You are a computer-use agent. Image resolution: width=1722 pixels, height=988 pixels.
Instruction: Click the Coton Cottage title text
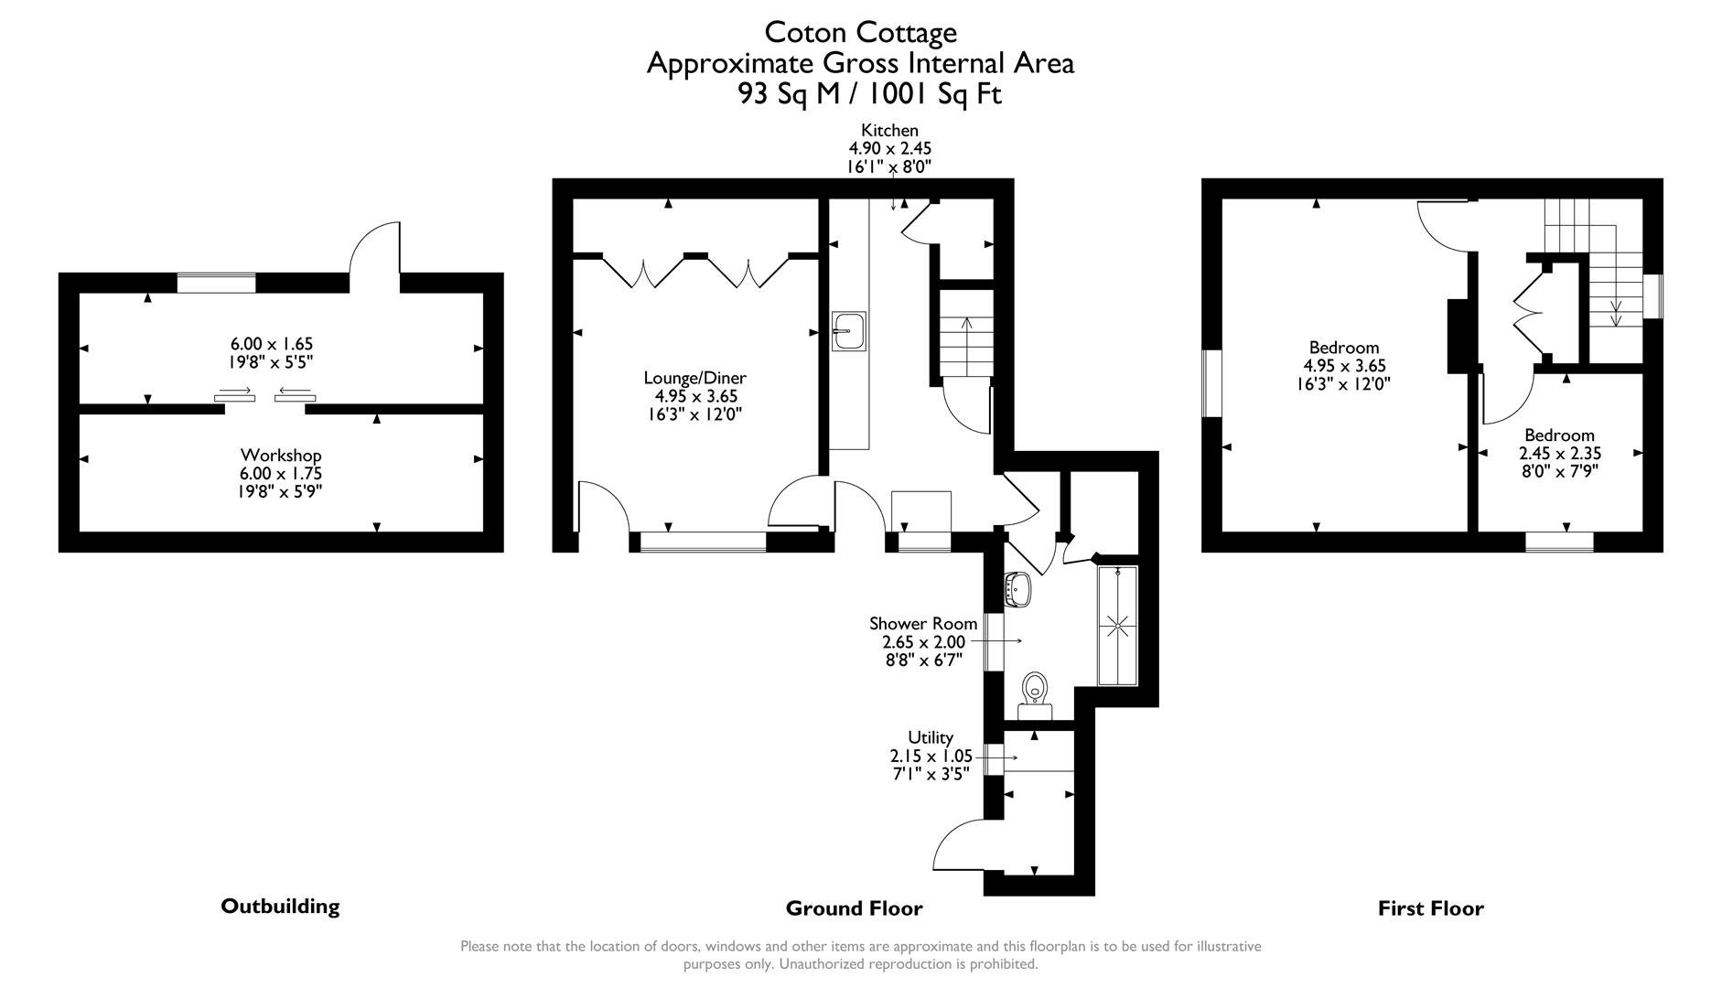click(860, 32)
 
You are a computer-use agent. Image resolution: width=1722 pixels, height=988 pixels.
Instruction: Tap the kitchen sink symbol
click(848, 330)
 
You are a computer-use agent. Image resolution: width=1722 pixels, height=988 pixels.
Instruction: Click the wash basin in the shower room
click(1018, 589)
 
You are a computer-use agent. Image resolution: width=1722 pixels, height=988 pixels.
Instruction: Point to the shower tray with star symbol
click(1117, 626)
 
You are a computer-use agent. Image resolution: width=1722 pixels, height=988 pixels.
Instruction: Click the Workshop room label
click(281, 455)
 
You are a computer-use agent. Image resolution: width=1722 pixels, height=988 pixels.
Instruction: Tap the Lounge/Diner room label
click(694, 378)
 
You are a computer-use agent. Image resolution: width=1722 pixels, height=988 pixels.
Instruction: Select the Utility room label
click(930, 737)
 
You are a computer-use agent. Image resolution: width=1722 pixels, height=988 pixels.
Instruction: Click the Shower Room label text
click(922, 623)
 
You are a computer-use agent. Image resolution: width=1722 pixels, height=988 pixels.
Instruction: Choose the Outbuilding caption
click(280, 906)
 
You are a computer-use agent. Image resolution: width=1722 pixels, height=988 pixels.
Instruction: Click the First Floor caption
click(1430, 908)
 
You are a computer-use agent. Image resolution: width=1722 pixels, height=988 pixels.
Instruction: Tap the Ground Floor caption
click(854, 908)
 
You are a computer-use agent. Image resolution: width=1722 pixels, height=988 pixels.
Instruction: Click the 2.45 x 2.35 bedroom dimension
click(1559, 453)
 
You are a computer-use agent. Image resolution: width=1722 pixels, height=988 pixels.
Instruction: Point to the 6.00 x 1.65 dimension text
click(272, 344)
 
